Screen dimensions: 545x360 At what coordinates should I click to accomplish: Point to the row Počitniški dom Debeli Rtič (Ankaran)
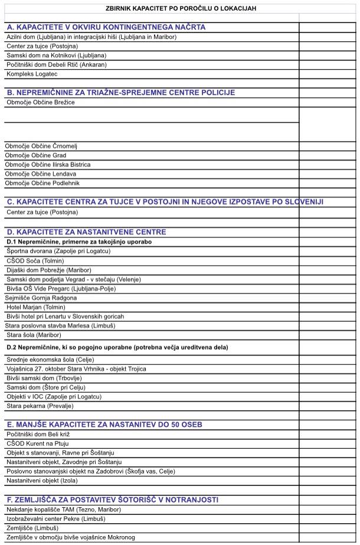[57, 64]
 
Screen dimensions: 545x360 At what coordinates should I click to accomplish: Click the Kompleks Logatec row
[32, 74]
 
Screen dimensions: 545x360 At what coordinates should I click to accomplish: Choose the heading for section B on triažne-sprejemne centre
[121, 93]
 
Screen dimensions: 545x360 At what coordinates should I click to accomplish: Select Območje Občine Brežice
[41, 102]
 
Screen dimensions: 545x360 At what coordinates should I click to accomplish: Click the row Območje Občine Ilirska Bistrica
[48, 165]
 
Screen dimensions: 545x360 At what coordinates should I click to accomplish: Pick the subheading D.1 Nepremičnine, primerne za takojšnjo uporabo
[79, 242]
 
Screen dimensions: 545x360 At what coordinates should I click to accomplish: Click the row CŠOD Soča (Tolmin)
[35, 260]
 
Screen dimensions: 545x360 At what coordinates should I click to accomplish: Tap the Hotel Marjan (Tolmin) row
[35, 307]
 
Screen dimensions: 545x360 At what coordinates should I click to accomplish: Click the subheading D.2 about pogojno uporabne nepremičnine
[117, 347]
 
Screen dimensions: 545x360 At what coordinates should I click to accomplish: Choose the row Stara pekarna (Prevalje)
[40, 406]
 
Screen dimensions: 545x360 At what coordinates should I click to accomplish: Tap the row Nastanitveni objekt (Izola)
[42, 481]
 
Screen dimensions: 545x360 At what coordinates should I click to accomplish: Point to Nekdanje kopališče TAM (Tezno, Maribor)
[64, 509]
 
